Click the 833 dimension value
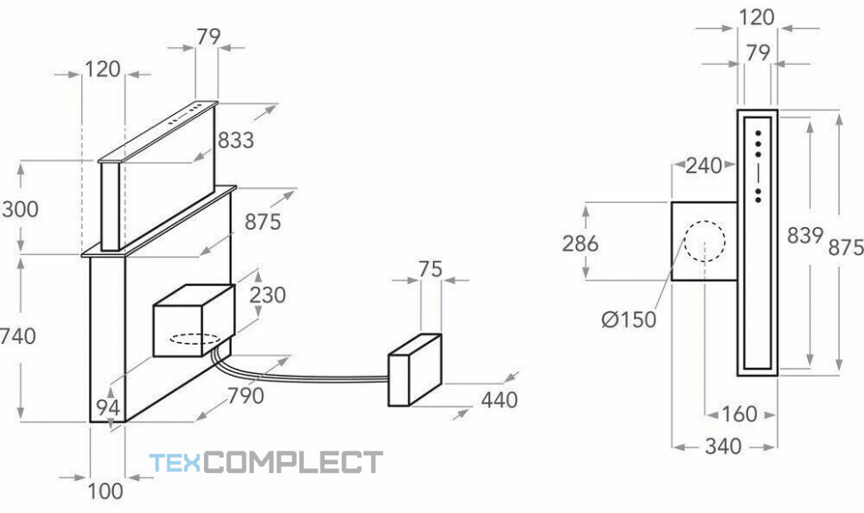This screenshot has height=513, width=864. click(x=236, y=140)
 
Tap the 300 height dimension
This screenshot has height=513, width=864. click(x=20, y=209)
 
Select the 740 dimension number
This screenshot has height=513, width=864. click(x=18, y=336)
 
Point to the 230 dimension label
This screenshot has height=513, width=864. click(x=268, y=295)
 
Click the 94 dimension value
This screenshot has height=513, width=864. click(x=109, y=408)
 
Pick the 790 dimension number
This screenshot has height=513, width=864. click(x=246, y=395)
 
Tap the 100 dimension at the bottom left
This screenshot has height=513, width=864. click(x=106, y=491)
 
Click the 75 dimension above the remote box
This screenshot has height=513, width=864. click(x=431, y=269)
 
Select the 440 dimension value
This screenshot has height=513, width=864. click(x=499, y=400)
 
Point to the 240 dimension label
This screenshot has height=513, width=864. click(x=704, y=166)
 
